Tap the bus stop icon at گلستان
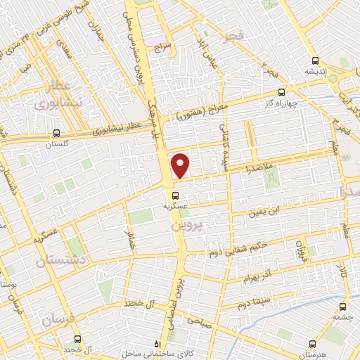pyautogui.click(x=56, y=132)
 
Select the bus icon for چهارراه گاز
pyautogui.click(x=282, y=92)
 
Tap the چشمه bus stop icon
pyautogui.click(x=342, y=307)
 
